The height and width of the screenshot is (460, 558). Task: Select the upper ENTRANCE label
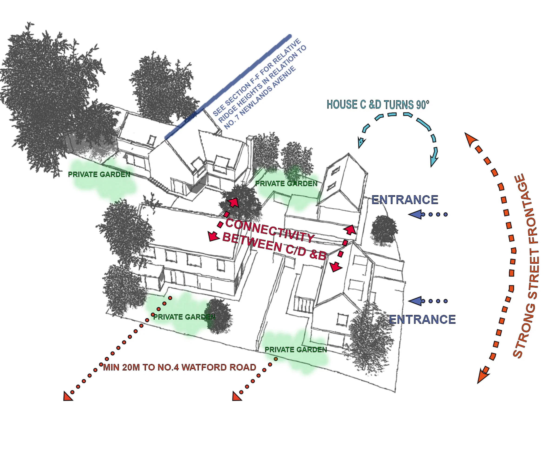click(x=405, y=200)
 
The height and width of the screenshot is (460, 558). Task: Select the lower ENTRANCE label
click(x=422, y=319)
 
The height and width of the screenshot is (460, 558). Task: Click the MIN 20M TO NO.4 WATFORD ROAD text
click(x=179, y=367)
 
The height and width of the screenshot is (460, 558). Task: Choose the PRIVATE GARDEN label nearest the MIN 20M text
click(x=184, y=317)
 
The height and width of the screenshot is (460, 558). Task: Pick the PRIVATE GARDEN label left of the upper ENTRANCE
click(x=286, y=183)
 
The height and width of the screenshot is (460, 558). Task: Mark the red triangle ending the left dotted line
click(x=67, y=397)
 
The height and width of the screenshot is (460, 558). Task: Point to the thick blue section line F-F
click(x=228, y=86)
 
